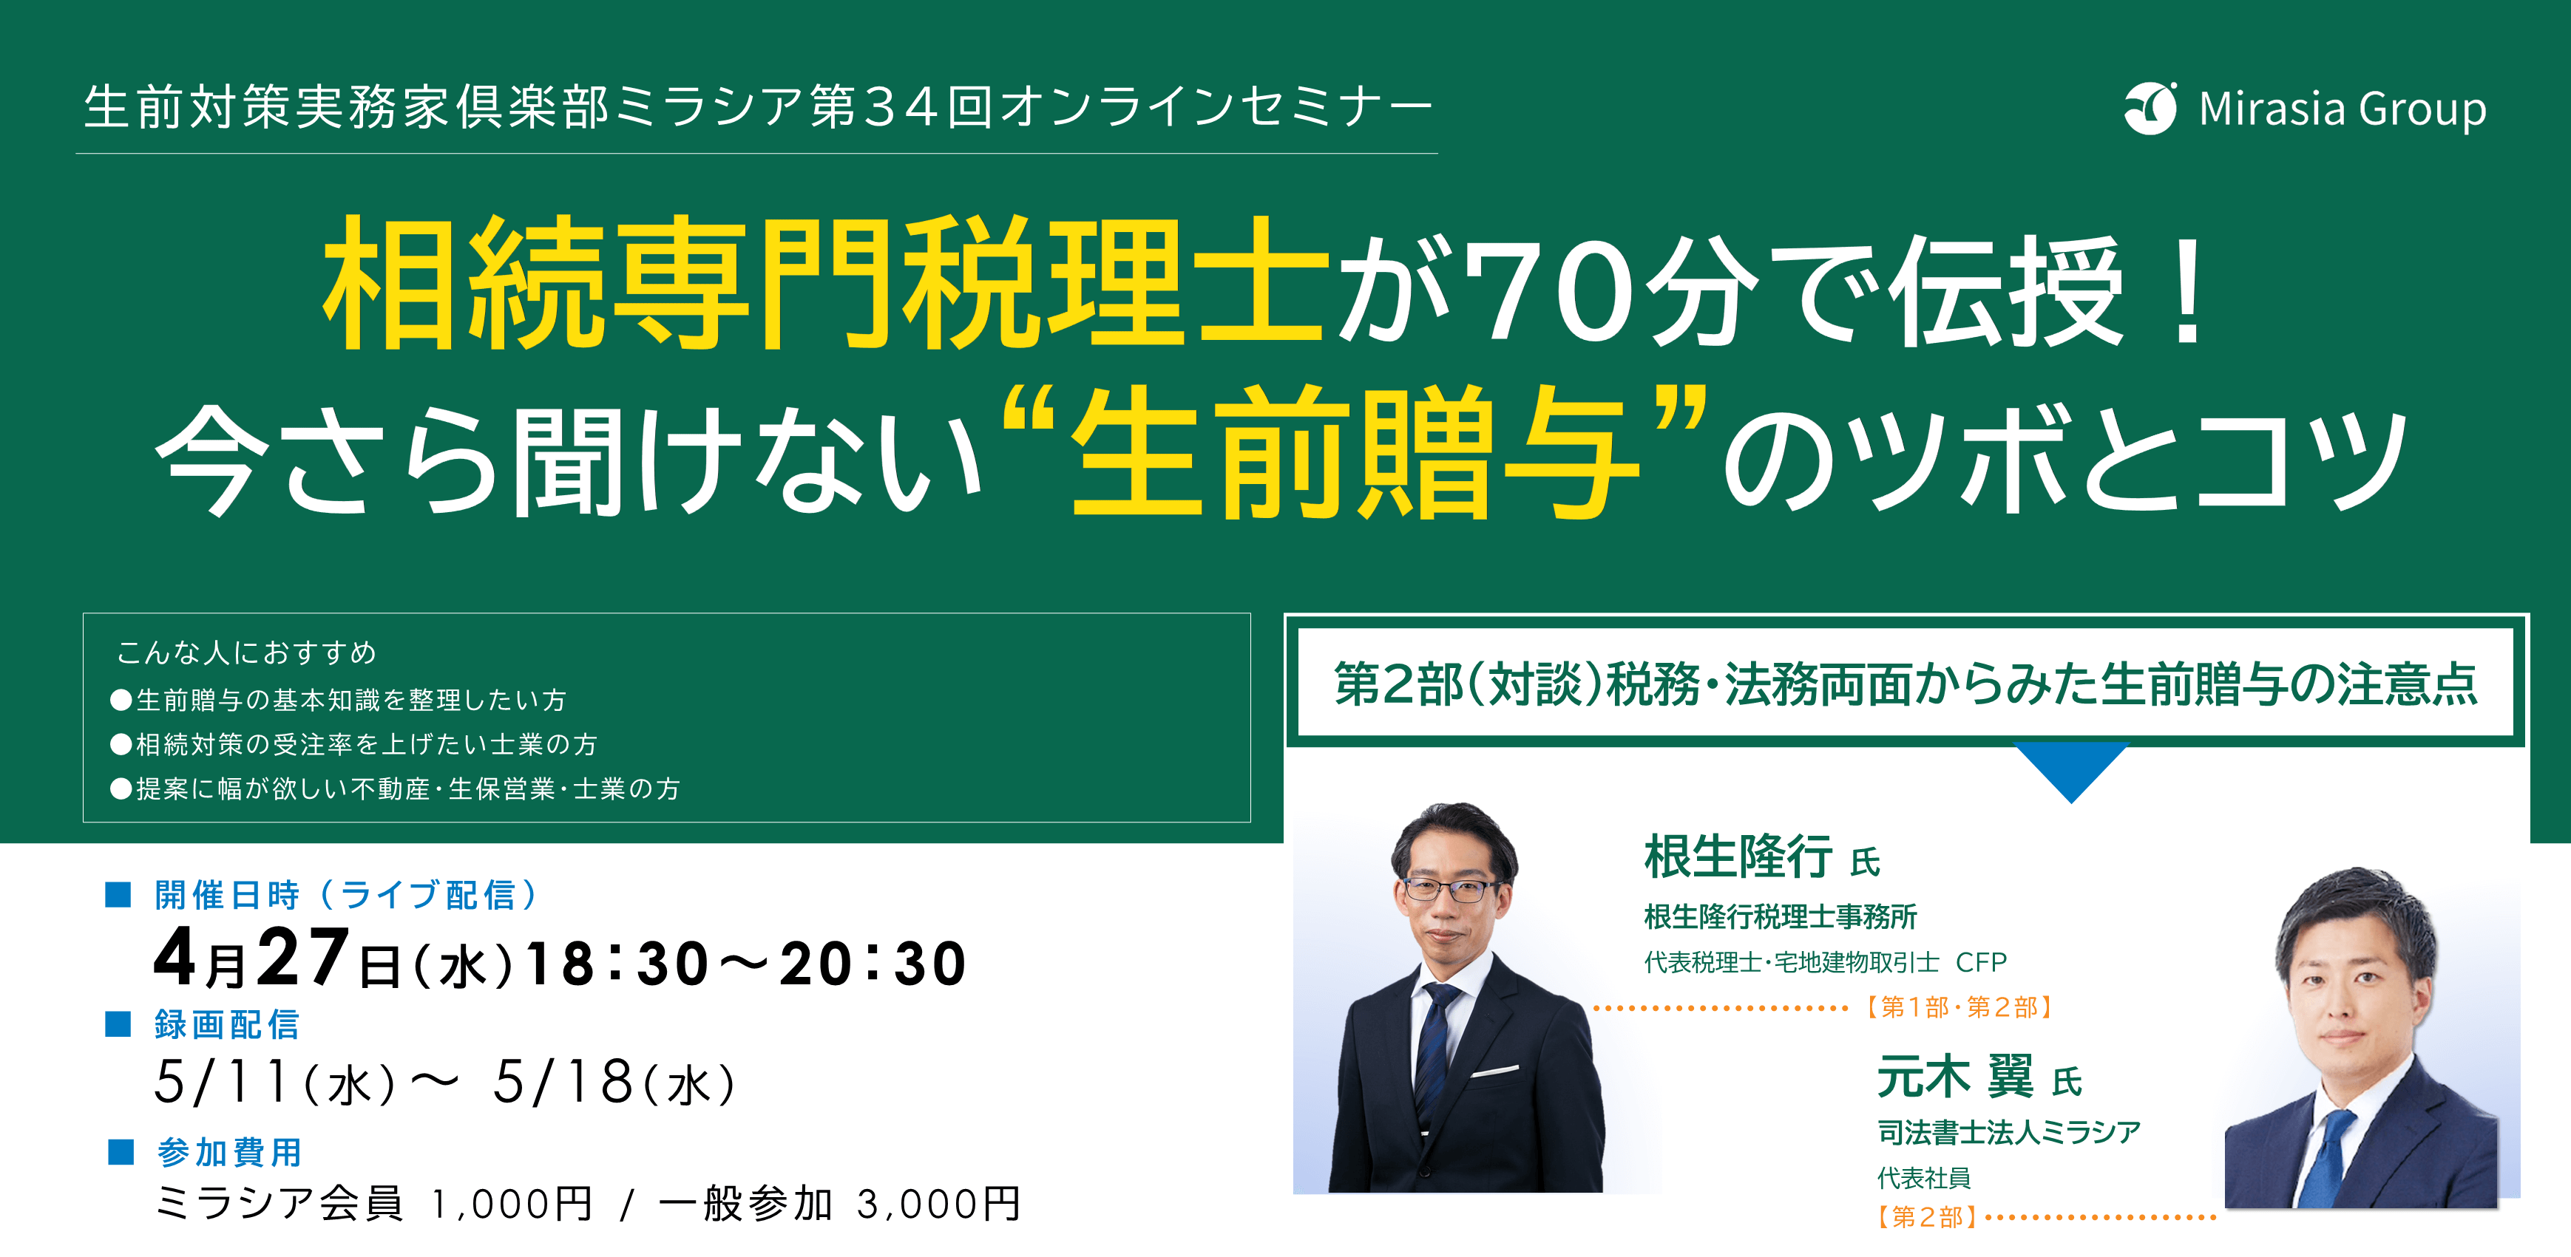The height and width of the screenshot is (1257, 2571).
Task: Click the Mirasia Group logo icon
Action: (2151, 108)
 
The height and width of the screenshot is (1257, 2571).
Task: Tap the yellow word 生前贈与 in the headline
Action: (1355, 454)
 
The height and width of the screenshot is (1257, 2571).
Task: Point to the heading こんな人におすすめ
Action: (246, 653)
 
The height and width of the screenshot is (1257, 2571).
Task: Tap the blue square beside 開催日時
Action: (119, 894)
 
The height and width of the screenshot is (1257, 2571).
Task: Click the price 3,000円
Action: (939, 1204)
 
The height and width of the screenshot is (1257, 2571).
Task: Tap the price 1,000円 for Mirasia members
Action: (512, 1204)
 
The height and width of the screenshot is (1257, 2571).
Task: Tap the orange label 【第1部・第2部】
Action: (1958, 1008)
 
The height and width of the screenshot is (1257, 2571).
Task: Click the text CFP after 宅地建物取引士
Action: (1981, 963)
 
